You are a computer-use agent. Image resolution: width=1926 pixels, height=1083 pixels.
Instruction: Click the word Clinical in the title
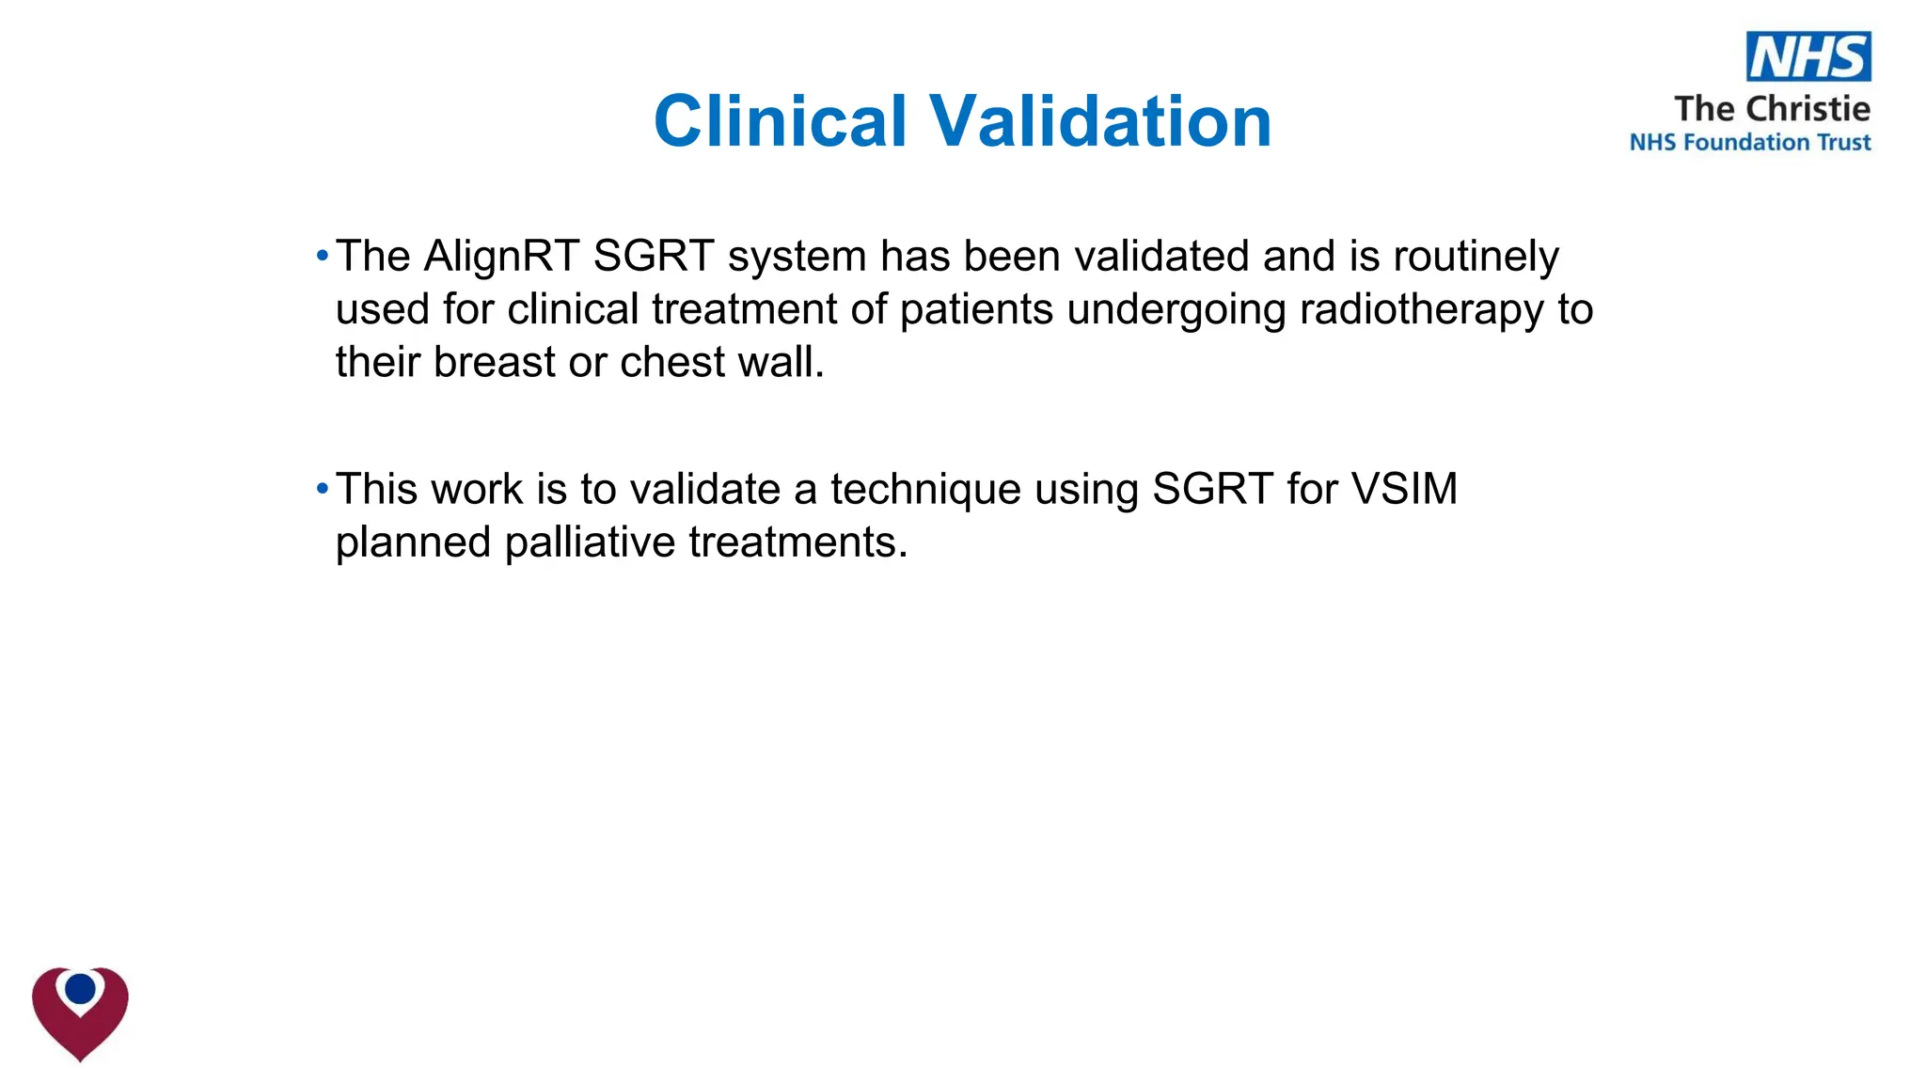[x=780, y=121]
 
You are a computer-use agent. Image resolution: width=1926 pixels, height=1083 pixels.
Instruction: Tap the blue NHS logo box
[x=1808, y=56]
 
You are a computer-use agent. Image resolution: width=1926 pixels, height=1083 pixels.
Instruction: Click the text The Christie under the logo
[x=1772, y=109]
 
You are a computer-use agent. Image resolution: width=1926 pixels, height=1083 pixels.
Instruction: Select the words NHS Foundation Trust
[x=1749, y=143]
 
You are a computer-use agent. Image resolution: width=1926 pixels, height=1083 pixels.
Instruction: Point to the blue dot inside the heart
[x=81, y=989]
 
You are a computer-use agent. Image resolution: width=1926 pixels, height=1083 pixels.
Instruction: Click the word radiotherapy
[x=1421, y=310]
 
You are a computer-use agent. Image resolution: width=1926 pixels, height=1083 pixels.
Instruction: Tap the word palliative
[x=590, y=542]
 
